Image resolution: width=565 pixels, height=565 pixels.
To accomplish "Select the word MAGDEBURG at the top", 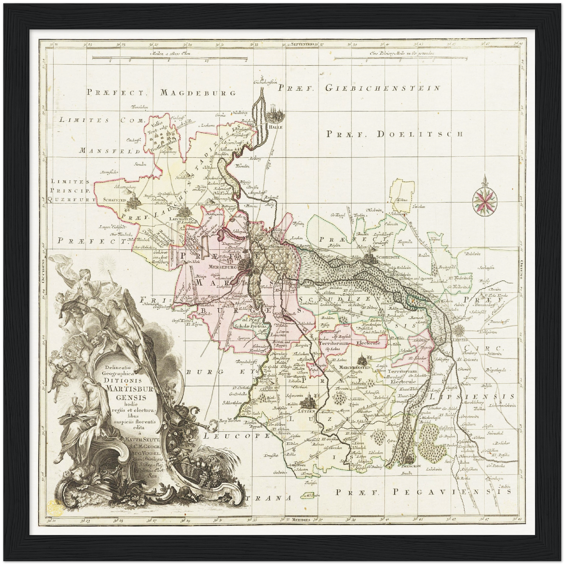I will [198, 93].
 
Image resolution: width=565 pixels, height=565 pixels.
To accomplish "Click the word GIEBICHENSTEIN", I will [382, 89].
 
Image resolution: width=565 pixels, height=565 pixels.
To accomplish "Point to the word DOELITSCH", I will [420, 134].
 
